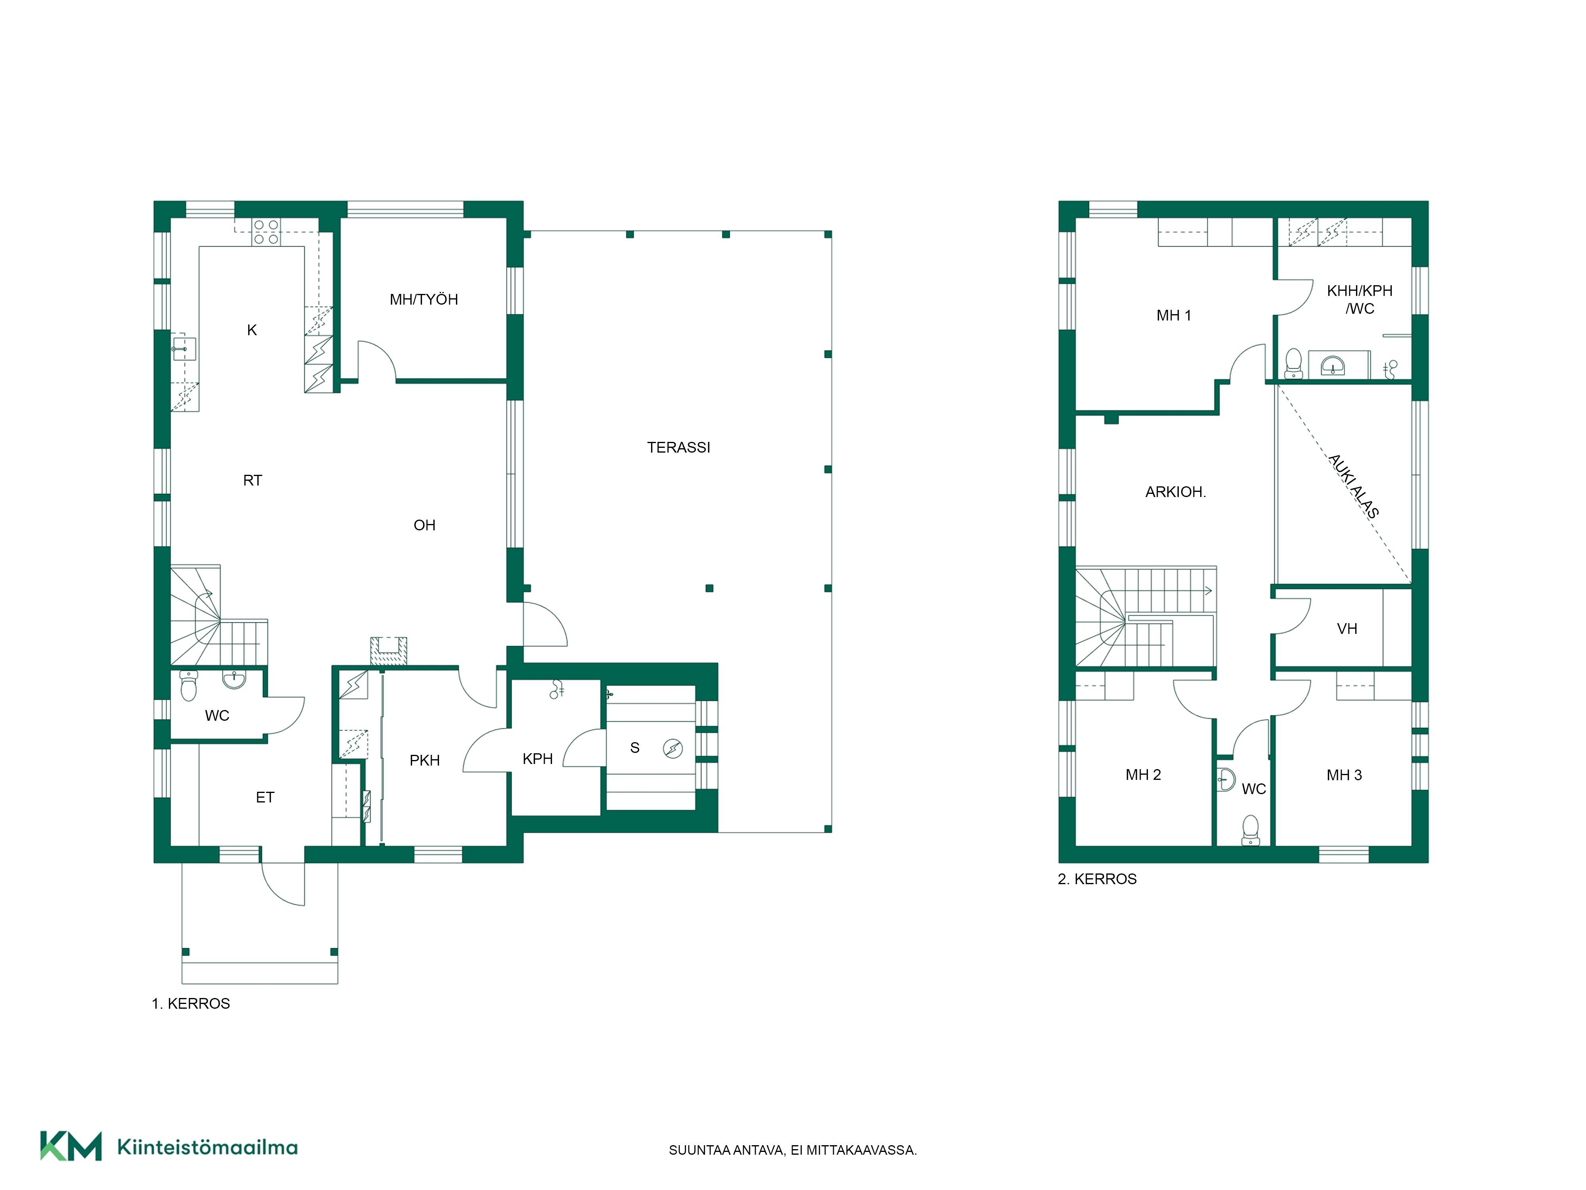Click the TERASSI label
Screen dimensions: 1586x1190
678,447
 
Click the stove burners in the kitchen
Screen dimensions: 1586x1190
266,232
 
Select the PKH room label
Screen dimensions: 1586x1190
425,760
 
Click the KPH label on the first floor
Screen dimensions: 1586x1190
538,759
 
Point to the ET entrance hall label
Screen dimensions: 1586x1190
265,797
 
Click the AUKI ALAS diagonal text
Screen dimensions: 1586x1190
1353,486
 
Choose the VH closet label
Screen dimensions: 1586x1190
1347,629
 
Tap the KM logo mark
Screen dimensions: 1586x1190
70,1146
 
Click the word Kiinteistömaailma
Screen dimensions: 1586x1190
207,1147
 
